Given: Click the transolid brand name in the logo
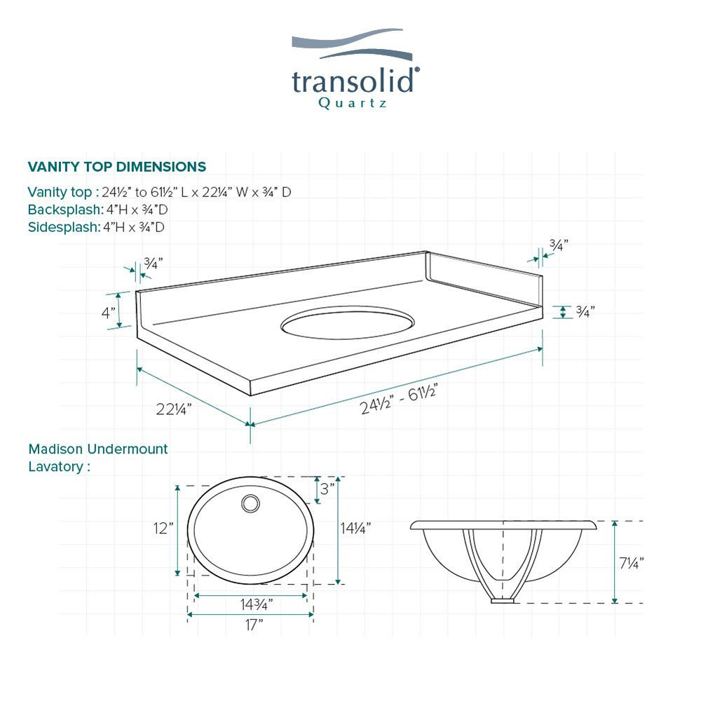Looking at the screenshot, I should [x=355, y=81].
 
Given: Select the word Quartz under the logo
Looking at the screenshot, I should [x=353, y=103].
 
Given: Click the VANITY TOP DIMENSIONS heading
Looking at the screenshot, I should [x=116, y=167].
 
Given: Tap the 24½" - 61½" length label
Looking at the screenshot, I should [x=400, y=400].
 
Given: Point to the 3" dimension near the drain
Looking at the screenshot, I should [x=327, y=488].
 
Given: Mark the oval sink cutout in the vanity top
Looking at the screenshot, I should [x=347, y=324].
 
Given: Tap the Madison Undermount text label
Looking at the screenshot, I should [x=98, y=449].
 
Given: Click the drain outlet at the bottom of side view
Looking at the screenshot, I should [x=503, y=600].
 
